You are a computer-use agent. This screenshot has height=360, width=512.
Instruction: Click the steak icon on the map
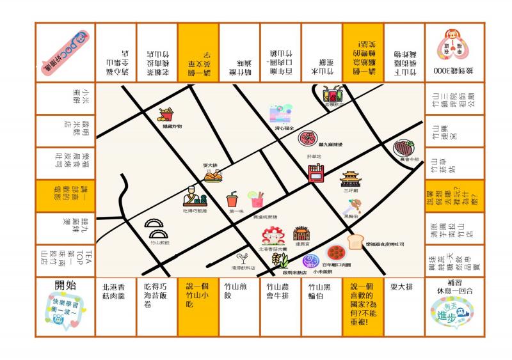404,149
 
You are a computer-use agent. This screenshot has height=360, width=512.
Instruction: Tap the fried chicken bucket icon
168,116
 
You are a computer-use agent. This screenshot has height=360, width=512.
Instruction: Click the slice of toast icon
356,242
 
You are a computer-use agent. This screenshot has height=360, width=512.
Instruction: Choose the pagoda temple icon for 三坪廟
351,179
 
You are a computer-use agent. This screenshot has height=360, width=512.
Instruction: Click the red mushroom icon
273,235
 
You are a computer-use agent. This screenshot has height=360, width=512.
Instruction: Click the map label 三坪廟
350,190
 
